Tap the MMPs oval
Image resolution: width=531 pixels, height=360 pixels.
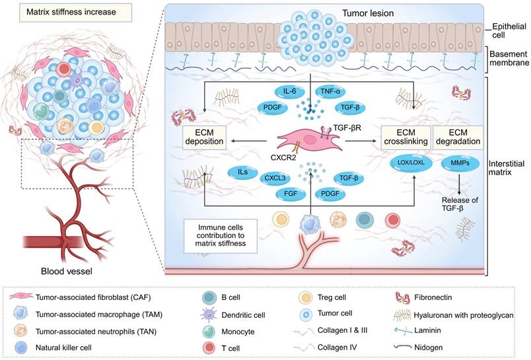click(x=457, y=162)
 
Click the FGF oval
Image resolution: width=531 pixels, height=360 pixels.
click(x=287, y=195)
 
